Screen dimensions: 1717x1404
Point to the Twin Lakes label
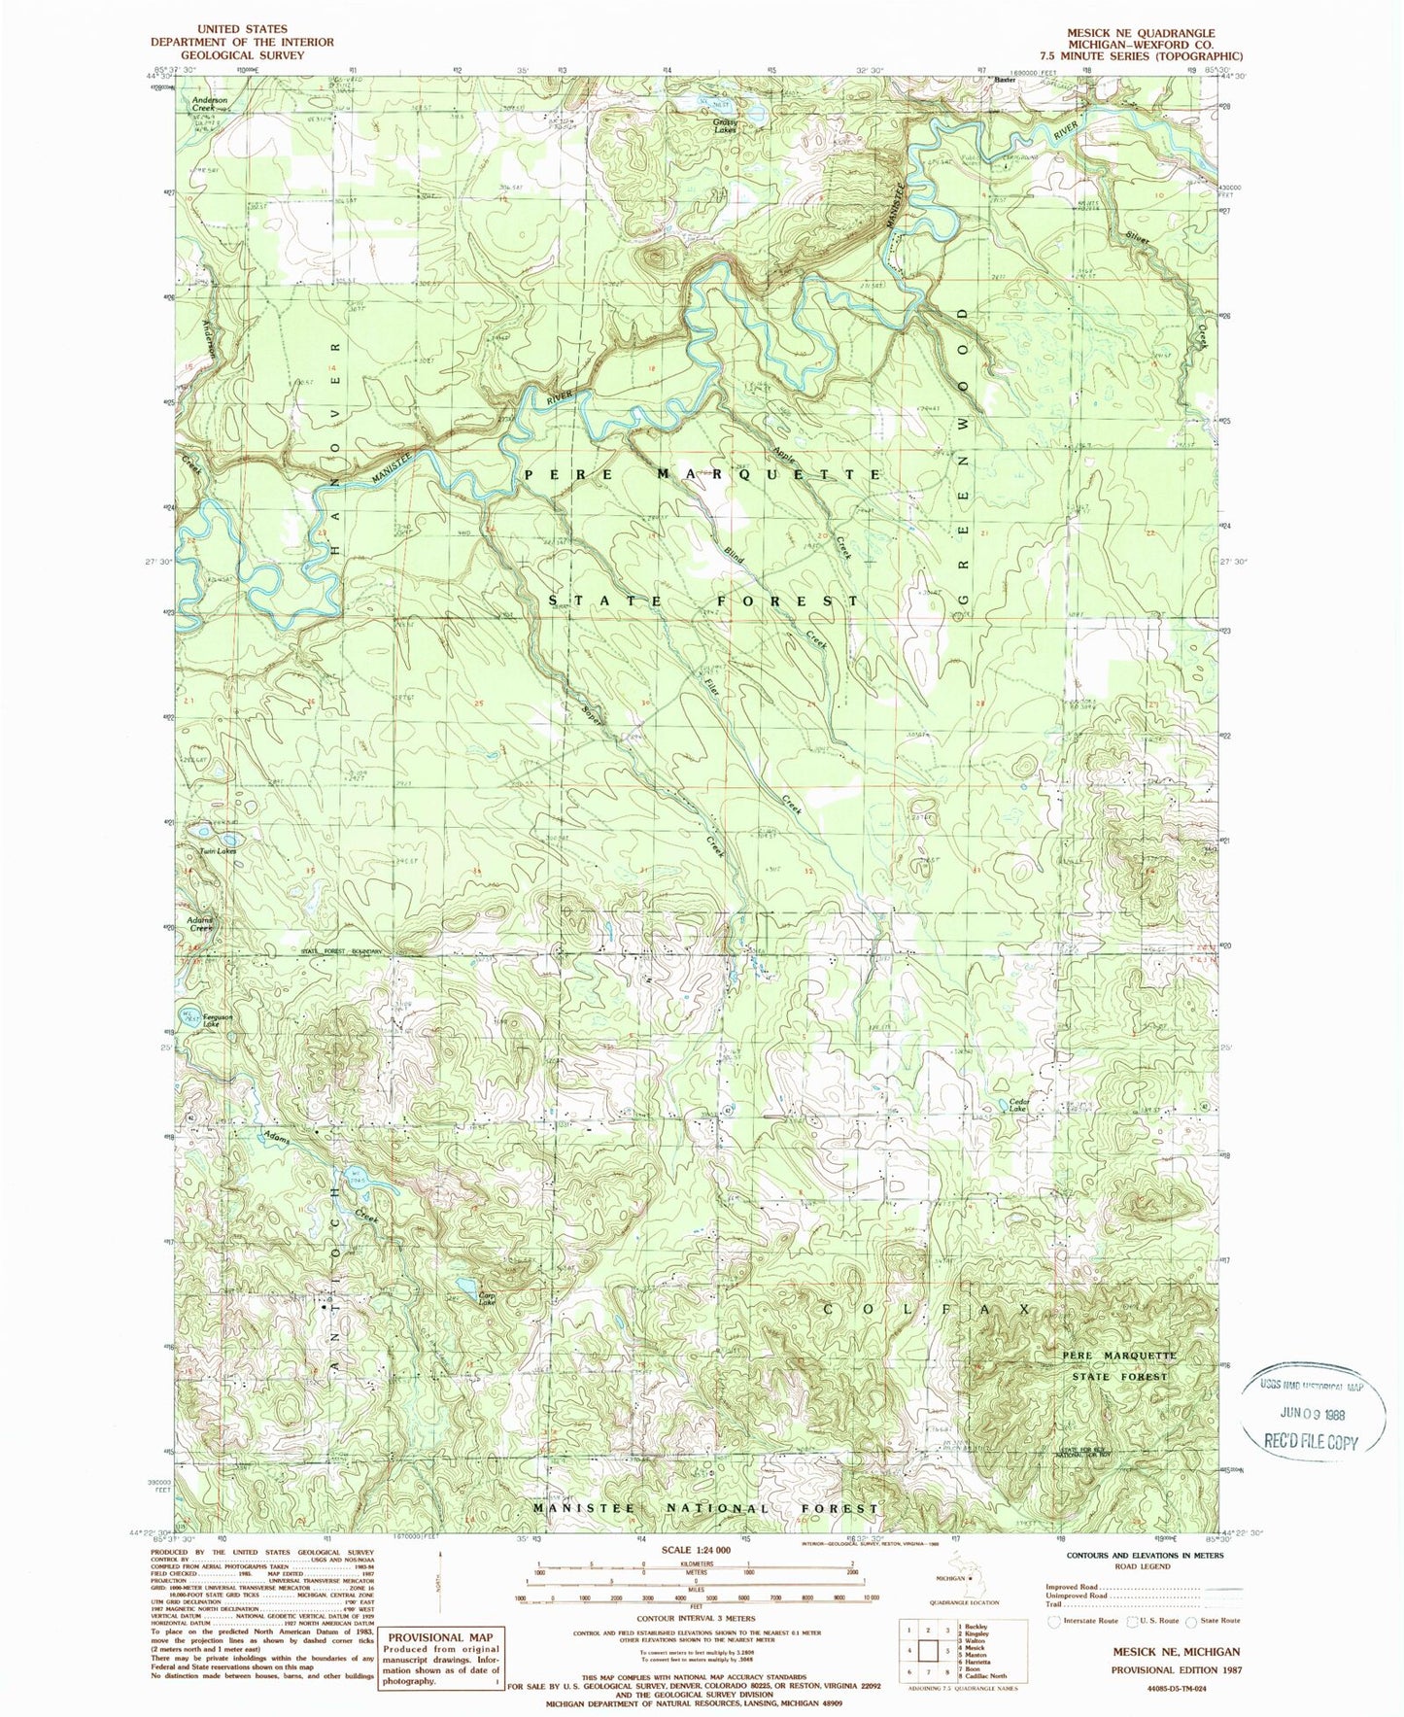coord(218,851)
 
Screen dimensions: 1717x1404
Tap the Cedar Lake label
coord(1017,1106)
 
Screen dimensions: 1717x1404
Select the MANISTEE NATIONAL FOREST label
coord(705,1508)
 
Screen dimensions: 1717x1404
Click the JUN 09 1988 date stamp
coord(1315,1414)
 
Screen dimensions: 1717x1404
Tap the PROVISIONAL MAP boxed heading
coord(442,1637)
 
